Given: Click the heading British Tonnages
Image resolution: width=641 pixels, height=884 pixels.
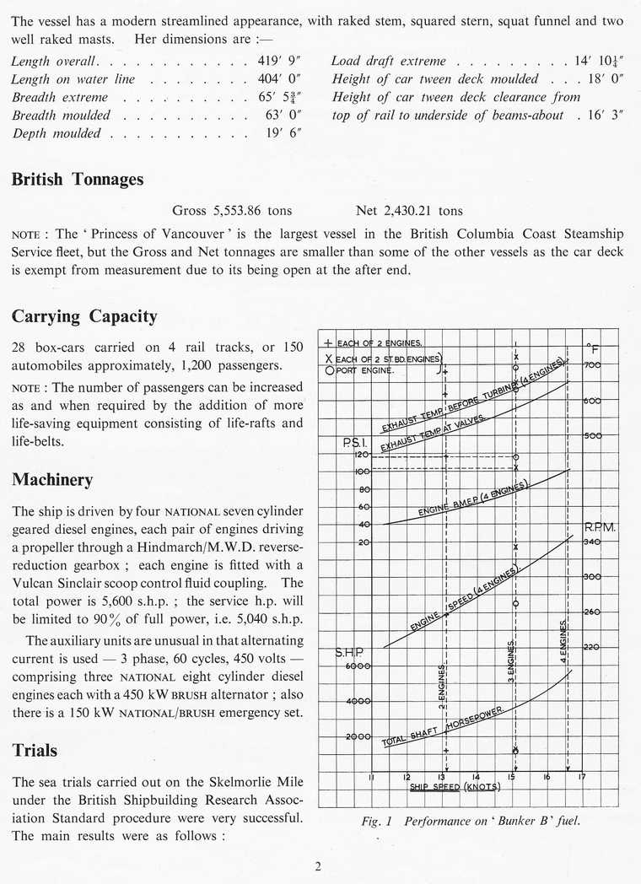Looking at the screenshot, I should click(x=78, y=180).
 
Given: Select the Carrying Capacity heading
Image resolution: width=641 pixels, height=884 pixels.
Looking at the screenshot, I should click(x=84, y=317).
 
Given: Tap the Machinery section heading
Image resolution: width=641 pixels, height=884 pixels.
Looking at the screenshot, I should click(x=52, y=479).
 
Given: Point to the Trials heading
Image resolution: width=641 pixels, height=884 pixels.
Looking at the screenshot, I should click(x=35, y=750).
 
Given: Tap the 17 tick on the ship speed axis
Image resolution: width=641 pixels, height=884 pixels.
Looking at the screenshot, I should click(x=581, y=777).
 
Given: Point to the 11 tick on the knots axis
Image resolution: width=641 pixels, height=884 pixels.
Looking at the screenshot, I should click(x=372, y=777).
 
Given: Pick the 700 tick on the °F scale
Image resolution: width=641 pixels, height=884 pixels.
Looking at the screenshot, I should click(x=592, y=365).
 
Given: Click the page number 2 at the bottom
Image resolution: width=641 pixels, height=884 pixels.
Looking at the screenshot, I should click(x=319, y=863).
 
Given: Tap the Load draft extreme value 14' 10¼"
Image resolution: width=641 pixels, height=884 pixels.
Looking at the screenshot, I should click(x=602, y=62).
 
